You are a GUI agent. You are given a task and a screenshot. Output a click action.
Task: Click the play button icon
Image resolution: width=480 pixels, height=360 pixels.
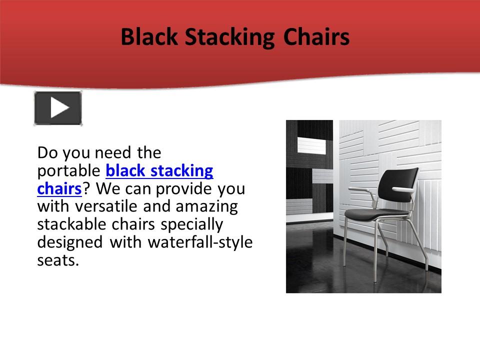[x=58, y=108]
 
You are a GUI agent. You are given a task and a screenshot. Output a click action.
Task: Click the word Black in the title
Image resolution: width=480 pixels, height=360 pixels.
[x=145, y=37]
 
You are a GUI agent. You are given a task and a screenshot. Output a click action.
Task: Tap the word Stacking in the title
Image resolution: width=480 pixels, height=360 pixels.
[x=226, y=37]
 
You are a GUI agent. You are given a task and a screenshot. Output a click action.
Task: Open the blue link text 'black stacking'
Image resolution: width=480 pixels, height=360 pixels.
[x=159, y=170]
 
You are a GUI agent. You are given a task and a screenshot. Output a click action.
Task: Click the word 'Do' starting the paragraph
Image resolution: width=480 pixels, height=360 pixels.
[x=46, y=152]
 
